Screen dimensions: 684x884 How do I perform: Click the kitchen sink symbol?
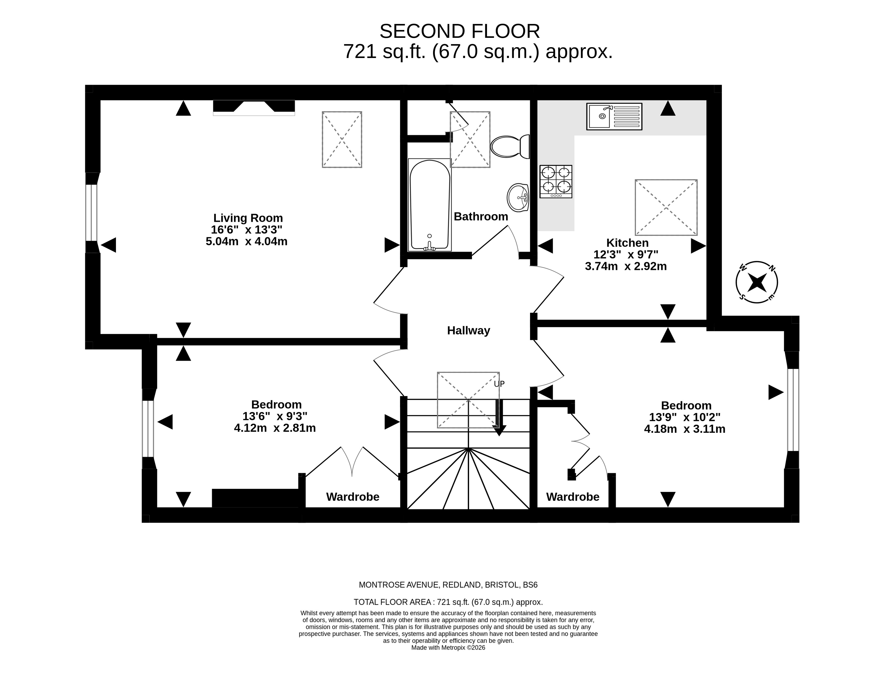(614, 116)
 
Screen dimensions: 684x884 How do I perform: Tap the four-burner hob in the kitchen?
(556, 181)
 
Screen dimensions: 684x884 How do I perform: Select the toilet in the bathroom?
(510, 146)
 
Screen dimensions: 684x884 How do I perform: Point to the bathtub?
(430, 205)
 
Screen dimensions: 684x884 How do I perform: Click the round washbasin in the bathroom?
(518, 197)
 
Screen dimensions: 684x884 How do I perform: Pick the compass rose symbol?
(756, 282)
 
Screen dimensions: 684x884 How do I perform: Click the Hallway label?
(468, 331)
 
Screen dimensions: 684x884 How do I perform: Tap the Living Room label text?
(248, 218)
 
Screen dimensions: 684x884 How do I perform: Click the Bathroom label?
(480, 217)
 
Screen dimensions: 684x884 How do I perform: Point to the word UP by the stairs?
(499, 384)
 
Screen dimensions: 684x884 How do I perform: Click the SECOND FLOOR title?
(460, 31)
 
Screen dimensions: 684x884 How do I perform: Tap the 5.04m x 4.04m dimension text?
(247, 242)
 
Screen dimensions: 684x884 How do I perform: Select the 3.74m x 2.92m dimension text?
(626, 266)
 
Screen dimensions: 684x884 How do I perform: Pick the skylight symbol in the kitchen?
(666, 207)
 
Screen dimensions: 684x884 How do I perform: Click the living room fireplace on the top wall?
(254, 107)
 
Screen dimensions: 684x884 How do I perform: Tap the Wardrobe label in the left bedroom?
(353, 497)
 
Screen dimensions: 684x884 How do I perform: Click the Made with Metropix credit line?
(448, 648)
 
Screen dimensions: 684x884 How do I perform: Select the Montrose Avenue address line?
(448, 585)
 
